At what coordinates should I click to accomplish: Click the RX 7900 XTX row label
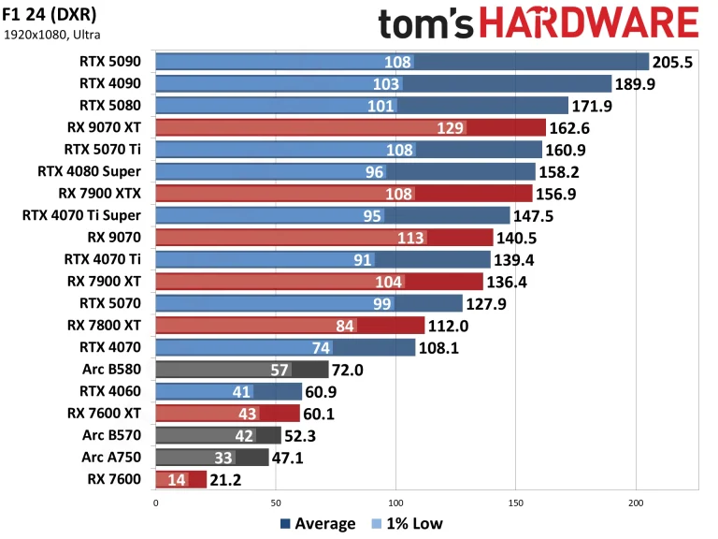click(99, 193)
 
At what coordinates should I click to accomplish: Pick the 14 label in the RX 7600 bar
click(177, 480)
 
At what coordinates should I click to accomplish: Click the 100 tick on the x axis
click(395, 503)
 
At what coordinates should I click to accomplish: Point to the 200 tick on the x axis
click(636, 503)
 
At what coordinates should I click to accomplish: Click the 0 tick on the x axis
click(155, 503)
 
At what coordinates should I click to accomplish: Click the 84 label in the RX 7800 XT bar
click(345, 325)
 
